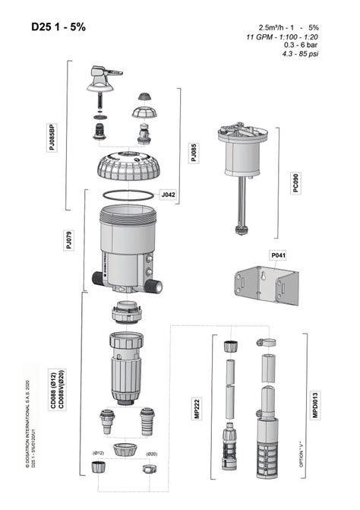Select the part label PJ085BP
click(x=52, y=136)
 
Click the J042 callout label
click(x=168, y=195)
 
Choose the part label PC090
click(x=295, y=184)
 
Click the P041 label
click(x=278, y=256)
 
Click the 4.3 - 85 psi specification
click(x=301, y=55)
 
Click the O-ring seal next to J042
click(x=126, y=194)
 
